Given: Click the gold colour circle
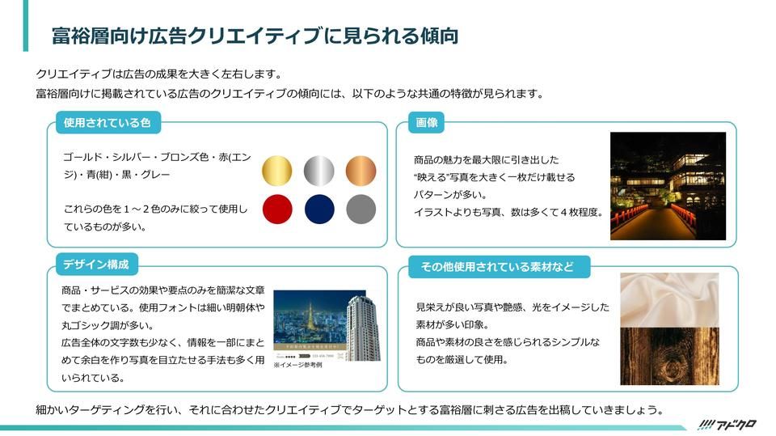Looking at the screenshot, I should pyautogui.click(x=276, y=171).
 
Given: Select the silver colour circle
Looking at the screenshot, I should pyautogui.click(x=318, y=171).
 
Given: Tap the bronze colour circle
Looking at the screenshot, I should pyautogui.click(x=361, y=171).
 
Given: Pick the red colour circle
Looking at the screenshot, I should pyautogui.click(x=276, y=209).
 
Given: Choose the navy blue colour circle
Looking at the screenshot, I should pyautogui.click(x=318, y=209).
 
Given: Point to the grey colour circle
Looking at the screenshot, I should pyautogui.click(x=361, y=209).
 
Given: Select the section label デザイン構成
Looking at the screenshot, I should pyautogui.click(x=96, y=265).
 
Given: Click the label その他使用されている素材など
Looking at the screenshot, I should pyautogui.click(x=496, y=267).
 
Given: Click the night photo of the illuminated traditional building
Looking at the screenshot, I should pyautogui.click(x=668, y=186).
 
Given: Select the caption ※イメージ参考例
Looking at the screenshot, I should pyautogui.click(x=297, y=365).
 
